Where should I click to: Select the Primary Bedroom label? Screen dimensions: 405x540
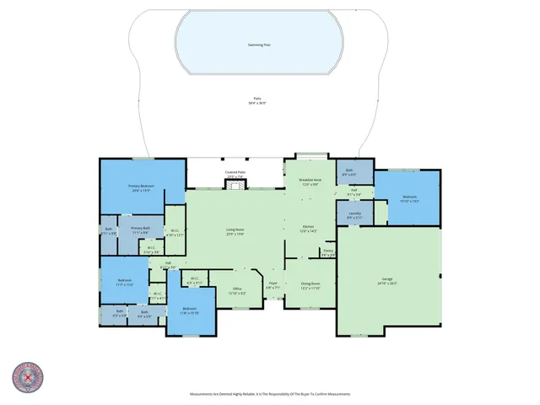pyautogui.click(x=140, y=189)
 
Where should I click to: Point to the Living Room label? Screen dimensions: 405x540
pyautogui.click(x=235, y=232)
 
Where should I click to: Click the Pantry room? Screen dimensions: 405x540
pyautogui.click(x=328, y=252)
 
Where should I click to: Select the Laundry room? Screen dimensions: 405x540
pyautogui.click(x=354, y=217)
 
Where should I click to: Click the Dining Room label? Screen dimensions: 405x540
pyautogui.click(x=310, y=286)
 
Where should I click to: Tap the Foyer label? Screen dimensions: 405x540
pyautogui.click(x=273, y=285)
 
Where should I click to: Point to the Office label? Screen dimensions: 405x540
pyautogui.click(x=237, y=291)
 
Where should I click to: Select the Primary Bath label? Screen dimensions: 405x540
pyautogui.click(x=140, y=229)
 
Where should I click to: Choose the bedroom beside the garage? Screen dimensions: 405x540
pyautogui.click(x=408, y=199)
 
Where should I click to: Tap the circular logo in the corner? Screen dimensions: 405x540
pyautogui.click(x=28, y=379)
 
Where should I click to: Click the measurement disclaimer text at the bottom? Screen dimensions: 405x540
pyautogui.click(x=269, y=394)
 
